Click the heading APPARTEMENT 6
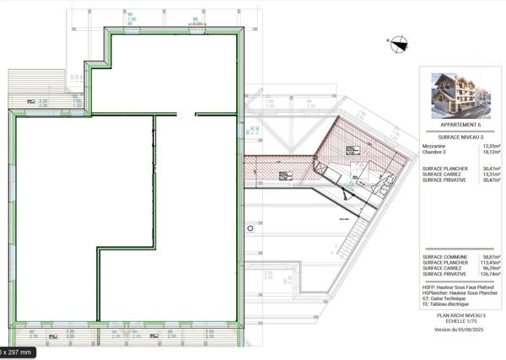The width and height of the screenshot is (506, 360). pyautogui.click(x=460, y=125)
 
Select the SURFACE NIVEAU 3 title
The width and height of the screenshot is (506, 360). pyautogui.click(x=460, y=136)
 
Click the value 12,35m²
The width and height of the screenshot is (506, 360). pyautogui.click(x=491, y=146)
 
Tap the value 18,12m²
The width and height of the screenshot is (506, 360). pyautogui.click(x=491, y=153)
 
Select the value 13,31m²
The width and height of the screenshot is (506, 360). pyautogui.click(x=491, y=174)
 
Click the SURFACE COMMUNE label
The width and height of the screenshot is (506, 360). pyautogui.click(x=446, y=256)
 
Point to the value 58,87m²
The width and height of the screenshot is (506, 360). pyautogui.click(x=491, y=256)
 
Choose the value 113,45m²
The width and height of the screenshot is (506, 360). pyautogui.click(x=490, y=262)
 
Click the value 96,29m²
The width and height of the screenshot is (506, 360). pyautogui.click(x=491, y=268)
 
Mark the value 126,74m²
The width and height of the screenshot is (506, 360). pyautogui.click(x=490, y=274)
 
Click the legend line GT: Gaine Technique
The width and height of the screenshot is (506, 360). pyautogui.click(x=448, y=298)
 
